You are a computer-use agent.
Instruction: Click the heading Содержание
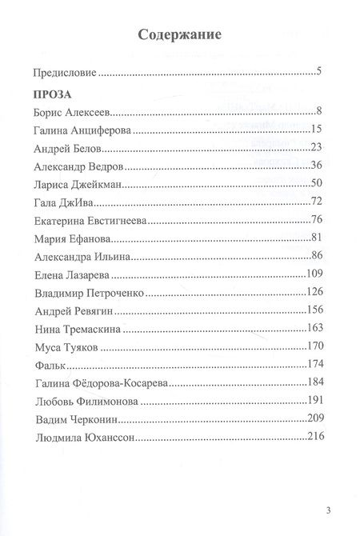[x=179, y=35]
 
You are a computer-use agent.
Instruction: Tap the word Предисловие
[x=64, y=74]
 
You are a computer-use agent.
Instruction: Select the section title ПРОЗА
[x=52, y=94]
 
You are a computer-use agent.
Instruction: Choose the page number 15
[x=315, y=130]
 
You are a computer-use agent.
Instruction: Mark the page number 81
[x=315, y=239]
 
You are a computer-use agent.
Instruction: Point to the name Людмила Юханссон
[x=84, y=438]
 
